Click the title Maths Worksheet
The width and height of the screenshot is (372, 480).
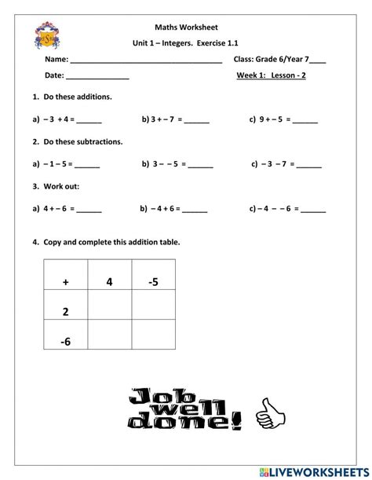pos(186,25)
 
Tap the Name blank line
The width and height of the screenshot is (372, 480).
pos(146,60)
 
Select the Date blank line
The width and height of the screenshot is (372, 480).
pos(97,78)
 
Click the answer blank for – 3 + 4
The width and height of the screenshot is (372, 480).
pos(89,121)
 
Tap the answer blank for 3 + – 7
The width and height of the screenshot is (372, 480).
pos(197,121)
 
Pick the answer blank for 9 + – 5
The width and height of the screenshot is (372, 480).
pos(305,121)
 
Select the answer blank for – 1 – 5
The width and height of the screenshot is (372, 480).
pos(87,166)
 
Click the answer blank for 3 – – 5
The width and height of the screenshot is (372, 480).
pos(200,166)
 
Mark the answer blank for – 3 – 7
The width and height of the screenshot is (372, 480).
pos(308,166)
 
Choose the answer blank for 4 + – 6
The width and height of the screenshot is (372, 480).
pos(89,211)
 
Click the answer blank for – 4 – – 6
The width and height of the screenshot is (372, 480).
pos(313,211)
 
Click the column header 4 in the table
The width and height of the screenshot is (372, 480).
pos(110,280)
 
